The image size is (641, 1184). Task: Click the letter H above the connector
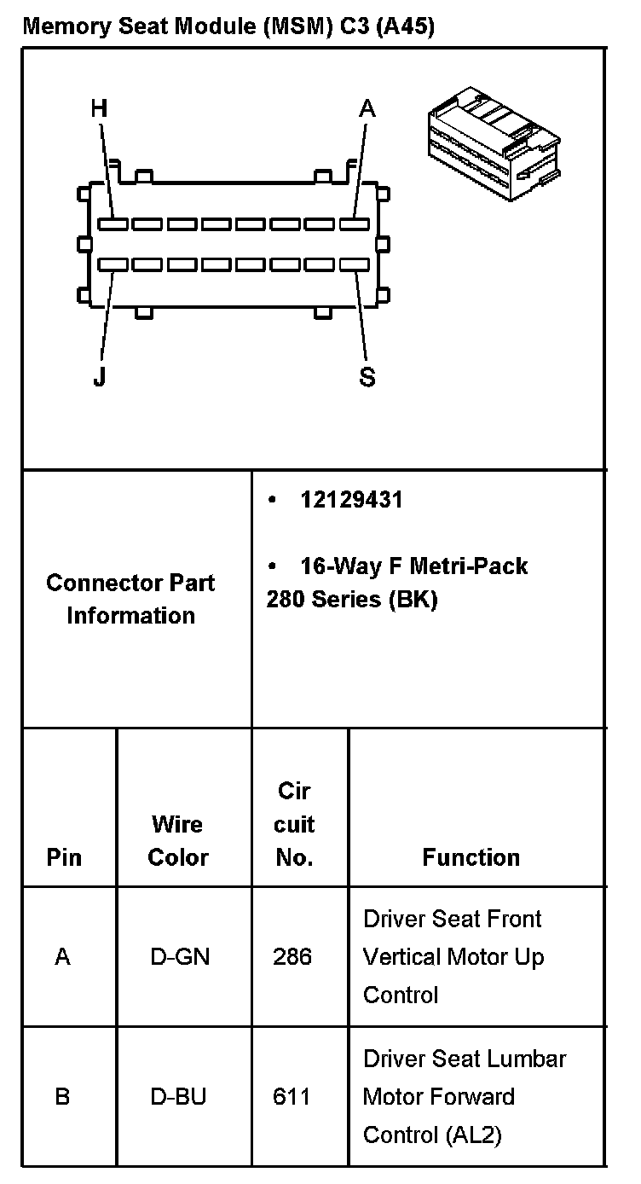click(x=100, y=108)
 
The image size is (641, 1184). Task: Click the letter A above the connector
click(x=367, y=108)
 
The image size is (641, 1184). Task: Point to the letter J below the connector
click(x=100, y=377)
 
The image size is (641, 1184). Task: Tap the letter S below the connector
click(x=367, y=377)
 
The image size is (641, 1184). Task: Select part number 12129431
click(x=351, y=500)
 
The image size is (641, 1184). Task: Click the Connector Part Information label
click(x=131, y=599)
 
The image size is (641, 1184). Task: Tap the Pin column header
click(x=64, y=856)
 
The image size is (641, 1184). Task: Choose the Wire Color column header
click(x=178, y=840)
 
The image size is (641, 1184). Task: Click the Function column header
click(x=471, y=856)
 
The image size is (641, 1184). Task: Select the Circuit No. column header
click(x=295, y=824)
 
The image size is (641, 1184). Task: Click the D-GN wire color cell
click(x=180, y=957)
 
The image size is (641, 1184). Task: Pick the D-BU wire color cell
click(x=179, y=1096)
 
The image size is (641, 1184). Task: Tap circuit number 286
click(x=292, y=957)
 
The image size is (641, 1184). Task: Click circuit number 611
click(x=292, y=1096)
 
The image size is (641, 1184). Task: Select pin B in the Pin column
click(x=62, y=1096)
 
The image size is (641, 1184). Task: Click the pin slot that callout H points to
click(x=113, y=224)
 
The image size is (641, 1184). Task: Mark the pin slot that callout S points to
click(x=354, y=265)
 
